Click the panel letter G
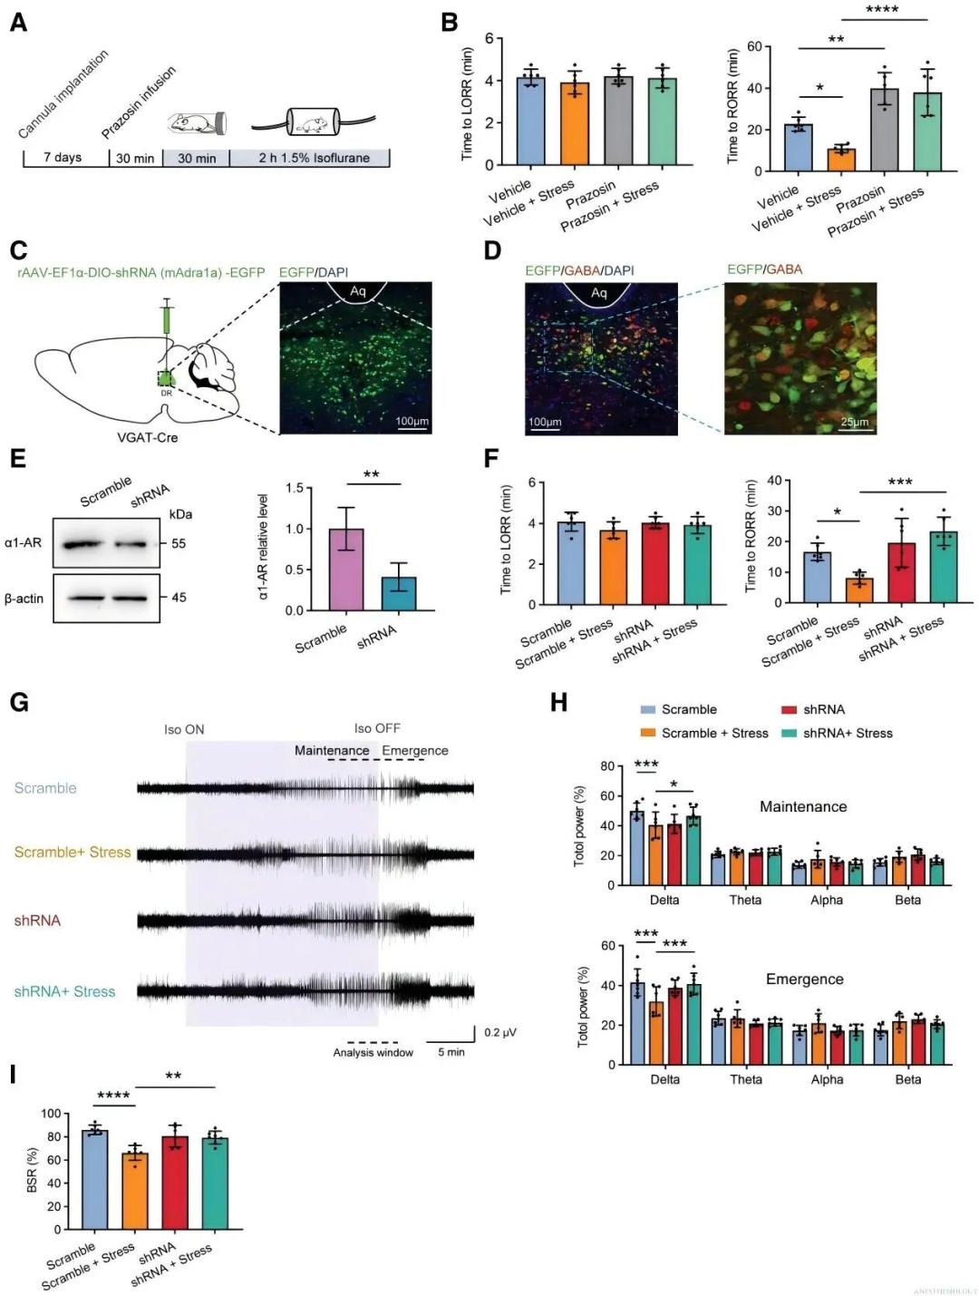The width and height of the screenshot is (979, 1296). point(18,702)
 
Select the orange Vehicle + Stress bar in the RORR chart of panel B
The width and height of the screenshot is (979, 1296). point(841,160)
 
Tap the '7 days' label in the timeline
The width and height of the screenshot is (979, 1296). point(63,158)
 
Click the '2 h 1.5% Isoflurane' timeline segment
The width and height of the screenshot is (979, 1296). point(313,158)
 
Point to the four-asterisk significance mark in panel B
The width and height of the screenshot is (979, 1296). point(881,10)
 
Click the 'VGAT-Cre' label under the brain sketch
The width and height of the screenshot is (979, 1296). point(148,437)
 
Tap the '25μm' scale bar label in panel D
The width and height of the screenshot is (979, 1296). point(854,422)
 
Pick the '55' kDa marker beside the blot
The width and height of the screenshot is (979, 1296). point(179,544)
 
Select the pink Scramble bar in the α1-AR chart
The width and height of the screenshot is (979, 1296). point(345,570)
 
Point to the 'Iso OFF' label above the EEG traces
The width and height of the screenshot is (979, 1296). point(377,728)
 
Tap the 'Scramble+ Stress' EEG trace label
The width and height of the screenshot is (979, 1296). point(73,853)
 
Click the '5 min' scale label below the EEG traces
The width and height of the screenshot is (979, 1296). point(451,1052)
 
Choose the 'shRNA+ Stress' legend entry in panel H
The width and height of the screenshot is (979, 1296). point(848,733)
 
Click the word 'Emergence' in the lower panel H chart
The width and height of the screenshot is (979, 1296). point(804,979)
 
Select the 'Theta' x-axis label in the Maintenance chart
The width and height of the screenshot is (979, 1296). point(745,900)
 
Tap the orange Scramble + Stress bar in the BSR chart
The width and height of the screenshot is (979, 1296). point(135,1191)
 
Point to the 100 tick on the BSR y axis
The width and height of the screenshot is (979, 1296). point(51,1114)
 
